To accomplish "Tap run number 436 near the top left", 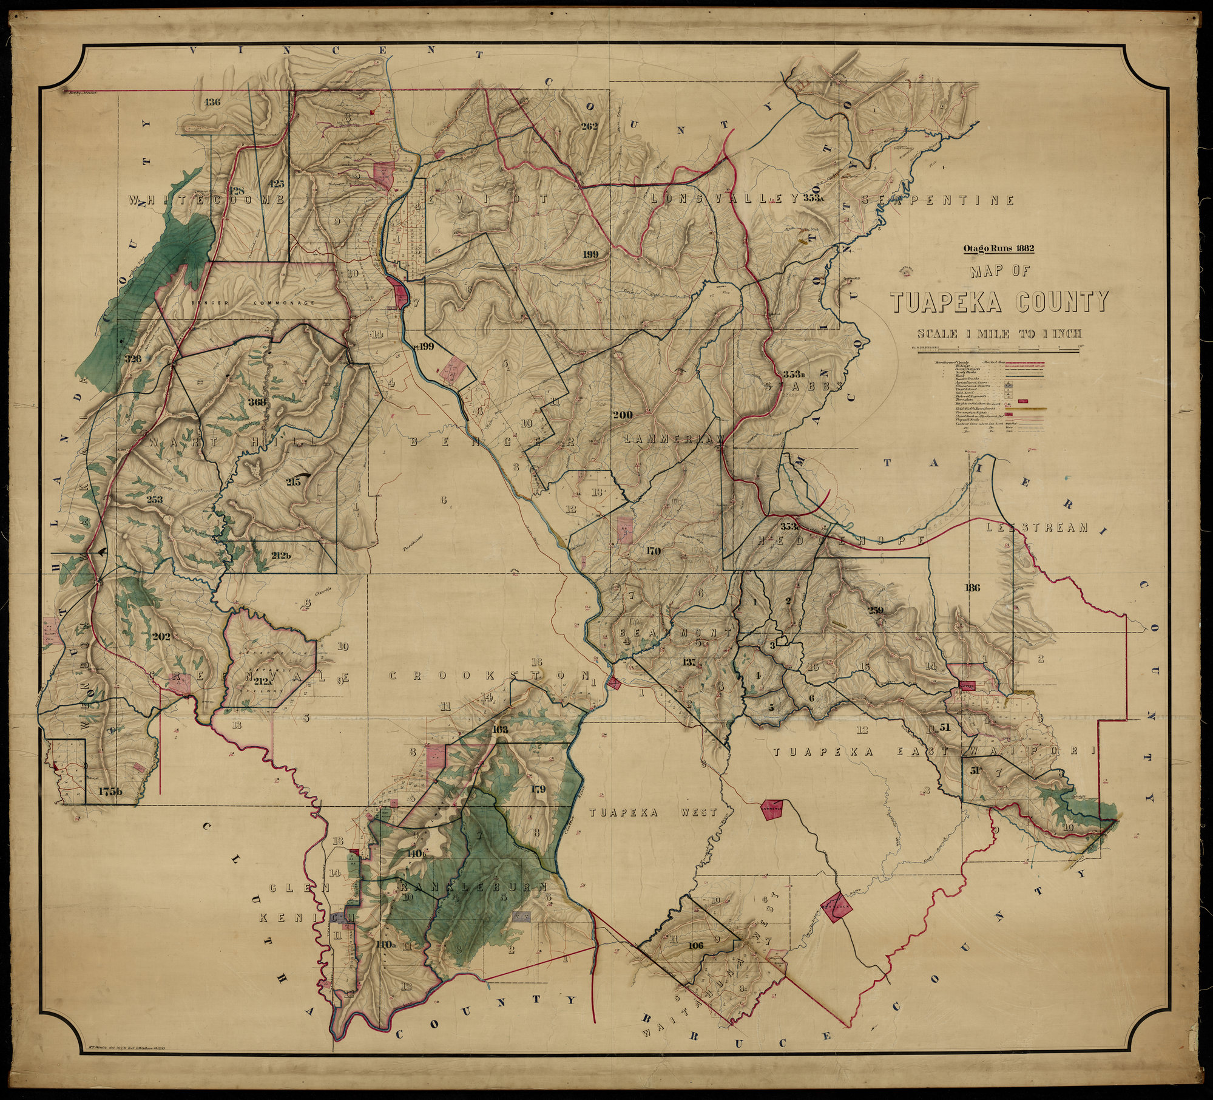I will tap(212, 101).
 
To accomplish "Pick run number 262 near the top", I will tap(589, 127).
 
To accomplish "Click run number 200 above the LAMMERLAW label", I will tap(622, 415).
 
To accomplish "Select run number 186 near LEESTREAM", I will tap(971, 587).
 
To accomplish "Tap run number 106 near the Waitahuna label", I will tap(697, 928).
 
